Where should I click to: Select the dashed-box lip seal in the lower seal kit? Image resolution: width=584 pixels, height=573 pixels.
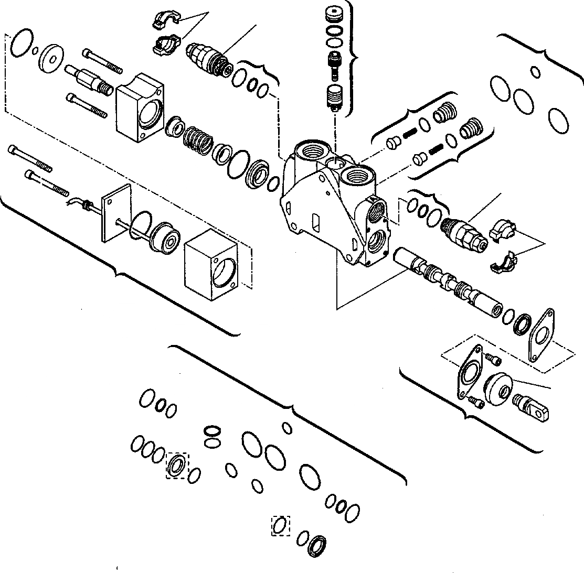point(176,465)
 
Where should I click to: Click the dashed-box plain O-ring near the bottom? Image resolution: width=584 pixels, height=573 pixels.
point(281,525)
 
